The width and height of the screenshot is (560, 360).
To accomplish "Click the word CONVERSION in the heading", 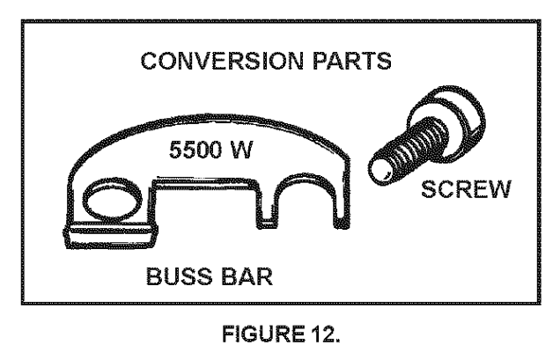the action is click(x=222, y=61).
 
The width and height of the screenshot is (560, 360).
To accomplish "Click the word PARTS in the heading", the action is click(x=352, y=61).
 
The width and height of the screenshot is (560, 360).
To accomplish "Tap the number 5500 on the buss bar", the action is click(x=195, y=150).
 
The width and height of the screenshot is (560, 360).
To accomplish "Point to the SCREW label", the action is click(x=467, y=189).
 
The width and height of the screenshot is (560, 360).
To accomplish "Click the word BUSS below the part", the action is click(x=179, y=276).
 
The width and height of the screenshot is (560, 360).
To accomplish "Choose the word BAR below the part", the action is click(x=247, y=276).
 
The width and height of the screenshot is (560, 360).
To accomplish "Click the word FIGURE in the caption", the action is click(x=263, y=334).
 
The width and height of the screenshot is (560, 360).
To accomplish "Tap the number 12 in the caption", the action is click(x=323, y=334).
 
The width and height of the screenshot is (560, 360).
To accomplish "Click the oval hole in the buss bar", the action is click(x=112, y=199).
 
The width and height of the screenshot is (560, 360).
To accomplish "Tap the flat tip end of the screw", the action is click(x=380, y=171).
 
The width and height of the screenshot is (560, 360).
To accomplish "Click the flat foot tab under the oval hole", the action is click(x=111, y=235).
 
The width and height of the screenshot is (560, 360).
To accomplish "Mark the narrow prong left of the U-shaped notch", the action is click(x=266, y=207).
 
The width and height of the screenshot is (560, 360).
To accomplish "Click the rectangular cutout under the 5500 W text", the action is click(x=206, y=203).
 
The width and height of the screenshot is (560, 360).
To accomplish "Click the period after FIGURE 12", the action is click(x=337, y=341).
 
